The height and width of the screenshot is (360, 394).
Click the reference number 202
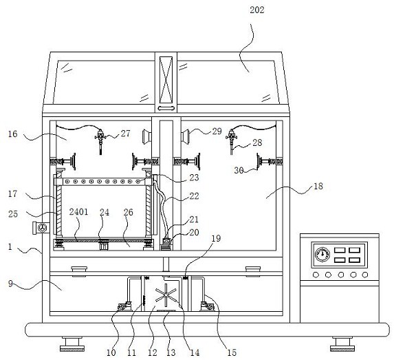click(256, 10)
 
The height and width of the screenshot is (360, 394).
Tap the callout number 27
click(125, 134)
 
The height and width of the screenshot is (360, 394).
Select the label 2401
click(78, 212)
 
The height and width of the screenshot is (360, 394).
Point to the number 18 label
click(318, 186)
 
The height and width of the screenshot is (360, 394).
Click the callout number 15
click(232, 352)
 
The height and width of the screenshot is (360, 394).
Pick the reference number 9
click(10, 284)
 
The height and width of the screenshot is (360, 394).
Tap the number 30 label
click(239, 171)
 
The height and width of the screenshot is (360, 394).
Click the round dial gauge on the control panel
click(322, 254)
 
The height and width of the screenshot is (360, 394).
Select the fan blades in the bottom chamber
click(166, 295)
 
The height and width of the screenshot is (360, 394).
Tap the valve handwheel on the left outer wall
click(42, 228)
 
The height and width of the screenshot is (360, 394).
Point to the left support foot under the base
click(72, 343)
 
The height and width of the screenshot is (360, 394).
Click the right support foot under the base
click(342, 343)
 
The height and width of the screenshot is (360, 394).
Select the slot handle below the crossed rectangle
click(166, 109)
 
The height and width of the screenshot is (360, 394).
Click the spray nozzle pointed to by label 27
click(100, 141)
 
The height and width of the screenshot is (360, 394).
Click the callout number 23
click(194, 178)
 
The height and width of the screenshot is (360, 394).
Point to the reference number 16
click(12, 134)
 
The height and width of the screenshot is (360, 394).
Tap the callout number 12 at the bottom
click(152, 352)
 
